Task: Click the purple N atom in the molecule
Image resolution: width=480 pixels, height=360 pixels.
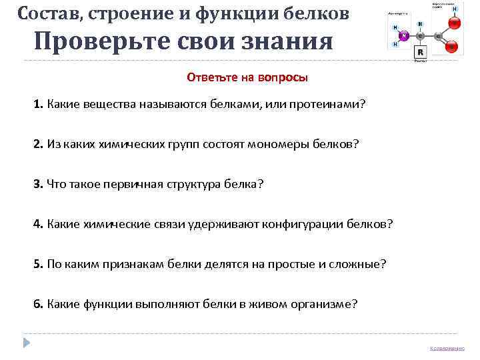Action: (404, 35)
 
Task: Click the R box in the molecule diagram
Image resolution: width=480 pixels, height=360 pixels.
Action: (421, 52)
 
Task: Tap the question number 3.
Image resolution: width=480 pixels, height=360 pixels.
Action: (38, 183)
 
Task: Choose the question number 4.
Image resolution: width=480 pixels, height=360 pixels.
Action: (38, 223)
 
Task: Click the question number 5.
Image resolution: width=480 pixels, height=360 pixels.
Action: (38, 263)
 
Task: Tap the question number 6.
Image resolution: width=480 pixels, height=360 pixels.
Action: (38, 303)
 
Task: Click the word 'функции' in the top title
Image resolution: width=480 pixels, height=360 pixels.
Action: (230, 13)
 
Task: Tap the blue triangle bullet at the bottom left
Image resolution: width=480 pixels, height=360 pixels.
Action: (26, 343)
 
